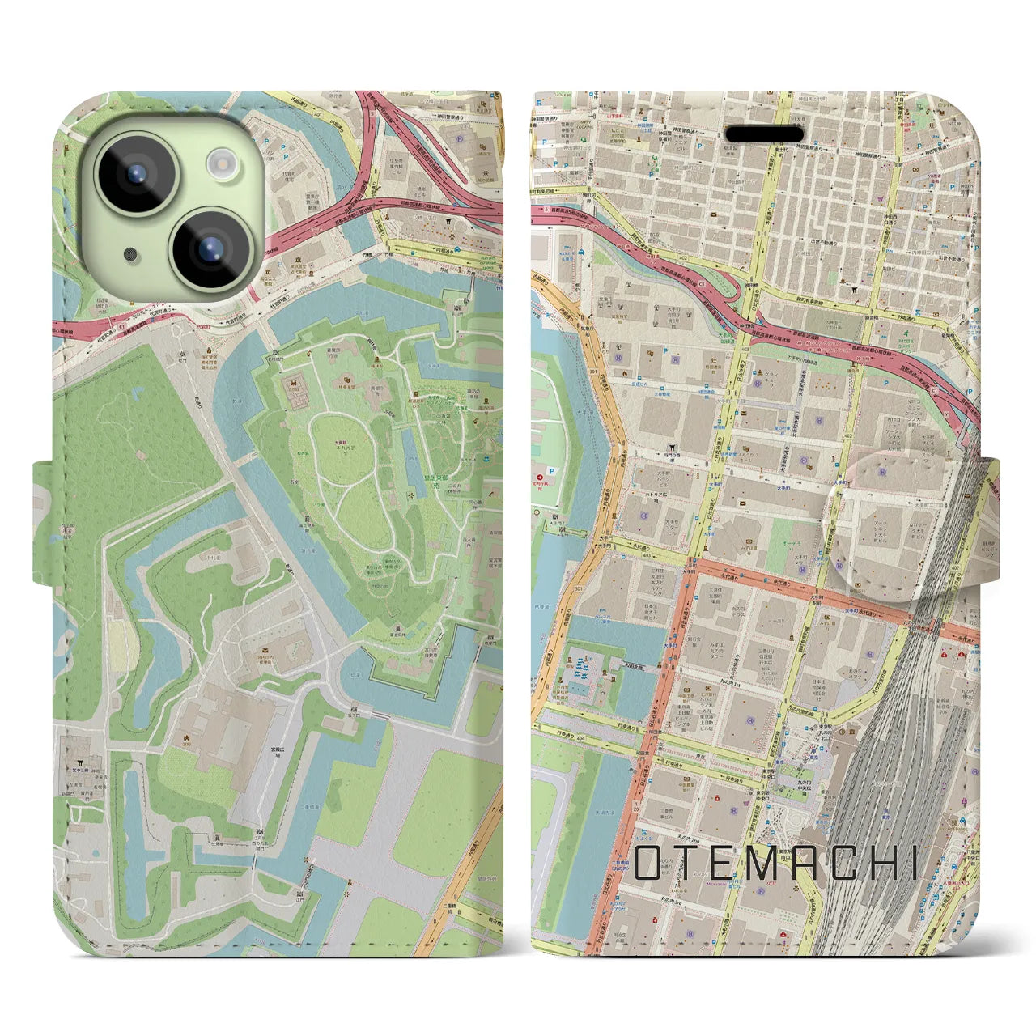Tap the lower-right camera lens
pyautogui.click(x=208, y=246)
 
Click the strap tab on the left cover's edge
pyautogui.click(x=44, y=522)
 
